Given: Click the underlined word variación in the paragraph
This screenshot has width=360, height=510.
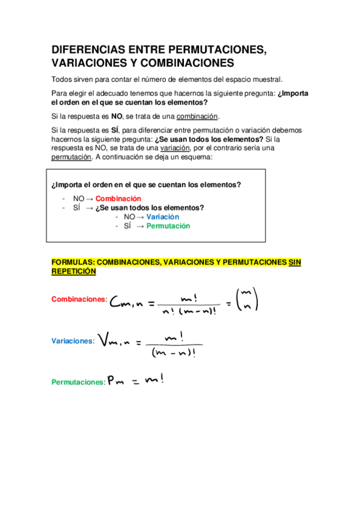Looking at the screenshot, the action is (x=176, y=148).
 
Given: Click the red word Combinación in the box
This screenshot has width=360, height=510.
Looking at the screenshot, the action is (x=118, y=198).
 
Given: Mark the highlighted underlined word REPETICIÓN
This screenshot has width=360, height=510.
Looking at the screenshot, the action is (x=74, y=271).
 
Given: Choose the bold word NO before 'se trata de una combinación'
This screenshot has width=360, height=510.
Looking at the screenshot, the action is (x=117, y=116).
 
